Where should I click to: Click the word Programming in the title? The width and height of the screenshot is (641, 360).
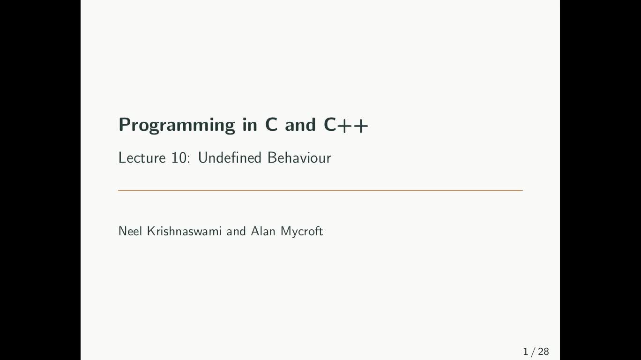[x=177, y=125]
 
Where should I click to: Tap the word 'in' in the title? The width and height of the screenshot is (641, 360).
[x=250, y=125]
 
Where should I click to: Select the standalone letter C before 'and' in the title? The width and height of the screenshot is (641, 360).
[x=271, y=125]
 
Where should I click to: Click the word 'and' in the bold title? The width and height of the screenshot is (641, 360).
[x=300, y=125]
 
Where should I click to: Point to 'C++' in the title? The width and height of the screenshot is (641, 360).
[x=346, y=125]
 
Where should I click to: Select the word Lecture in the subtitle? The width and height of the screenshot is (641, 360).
[x=142, y=157]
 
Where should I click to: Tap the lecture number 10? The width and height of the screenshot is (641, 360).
[x=179, y=157]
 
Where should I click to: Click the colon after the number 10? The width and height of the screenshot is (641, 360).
[x=188, y=159]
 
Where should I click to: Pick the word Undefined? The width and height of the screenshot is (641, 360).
[x=230, y=157]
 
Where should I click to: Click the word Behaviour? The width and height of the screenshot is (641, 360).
[x=299, y=157]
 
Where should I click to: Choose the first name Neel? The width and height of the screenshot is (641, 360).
[x=130, y=231]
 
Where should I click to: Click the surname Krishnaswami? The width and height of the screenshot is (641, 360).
[x=184, y=231]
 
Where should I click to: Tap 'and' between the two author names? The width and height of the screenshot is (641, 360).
[x=236, y=231]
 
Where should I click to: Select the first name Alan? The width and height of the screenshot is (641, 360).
[x=263, y=231]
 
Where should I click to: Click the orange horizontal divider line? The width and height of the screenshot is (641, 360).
[x=320, y=190]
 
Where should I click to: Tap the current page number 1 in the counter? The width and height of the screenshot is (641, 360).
[x=525, y=352]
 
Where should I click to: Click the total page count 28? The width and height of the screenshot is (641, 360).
[x=544, y=352]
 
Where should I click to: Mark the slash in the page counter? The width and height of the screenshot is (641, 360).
[x=533, y=352]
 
